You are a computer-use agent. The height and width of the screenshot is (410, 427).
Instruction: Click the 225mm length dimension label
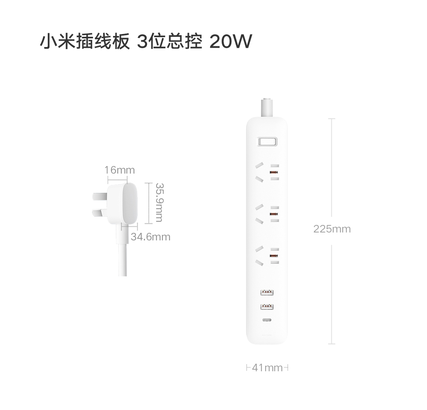[x=332, y=229]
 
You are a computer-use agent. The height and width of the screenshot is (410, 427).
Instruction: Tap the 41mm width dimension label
[x=267, y=368]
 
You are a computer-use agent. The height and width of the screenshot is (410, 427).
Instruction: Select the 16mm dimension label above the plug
[x=119, y=170]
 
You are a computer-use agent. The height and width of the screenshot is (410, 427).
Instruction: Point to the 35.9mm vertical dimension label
[x=159, y=202]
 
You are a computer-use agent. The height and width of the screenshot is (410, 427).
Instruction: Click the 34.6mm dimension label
[x=150, y=237]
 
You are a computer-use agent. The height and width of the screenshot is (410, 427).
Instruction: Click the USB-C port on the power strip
[x=267, y=320]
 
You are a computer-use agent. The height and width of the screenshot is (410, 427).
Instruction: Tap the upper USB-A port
[x=267, y=293]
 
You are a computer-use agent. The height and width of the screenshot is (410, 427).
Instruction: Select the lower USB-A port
[x=267, y=306]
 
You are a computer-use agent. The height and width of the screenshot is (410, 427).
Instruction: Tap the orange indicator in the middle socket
[x=273, y=214]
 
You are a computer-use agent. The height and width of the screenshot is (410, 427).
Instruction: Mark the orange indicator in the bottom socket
[x=273, y=256]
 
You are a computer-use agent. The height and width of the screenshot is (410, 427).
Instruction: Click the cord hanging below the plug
[x=123, y=257]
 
